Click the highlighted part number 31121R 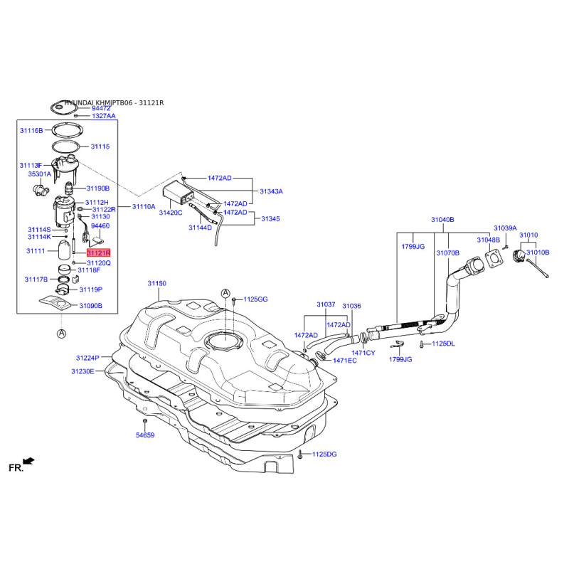point(98,252)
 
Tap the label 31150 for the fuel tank point(156,283)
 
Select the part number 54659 point(145,435)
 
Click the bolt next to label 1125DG point(300,454)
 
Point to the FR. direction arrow point(28,461)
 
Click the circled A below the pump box point(62,334)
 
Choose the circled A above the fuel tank point(225,293)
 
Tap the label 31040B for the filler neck point(442,220)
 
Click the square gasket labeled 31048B point(494,258)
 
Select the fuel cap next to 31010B point(519,256)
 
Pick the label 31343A point(271,191)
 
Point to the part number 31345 point(270,219)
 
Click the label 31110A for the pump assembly point(144,207)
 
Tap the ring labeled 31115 point(65,147)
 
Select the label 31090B point(91,306)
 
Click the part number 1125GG point(255,299)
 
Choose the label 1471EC point(345,361)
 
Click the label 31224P point(87,358)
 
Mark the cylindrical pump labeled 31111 point(65,250)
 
